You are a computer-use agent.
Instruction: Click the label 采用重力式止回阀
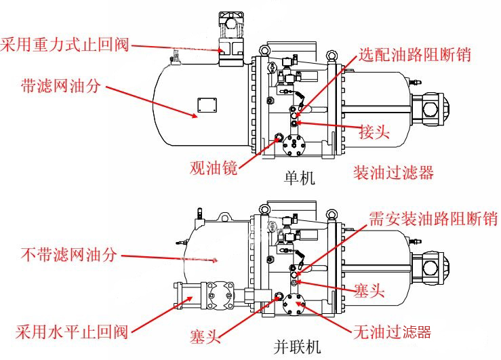[65, 45]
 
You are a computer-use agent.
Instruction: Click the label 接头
[374, 132]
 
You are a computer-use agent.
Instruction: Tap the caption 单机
[300, 178]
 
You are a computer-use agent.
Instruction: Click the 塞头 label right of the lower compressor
[369, 292]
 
